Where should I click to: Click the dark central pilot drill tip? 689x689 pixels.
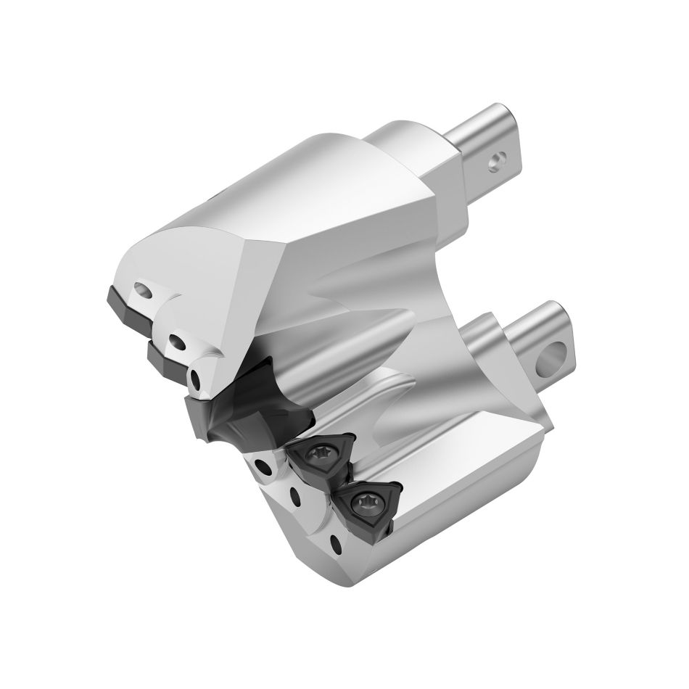pos(239,410)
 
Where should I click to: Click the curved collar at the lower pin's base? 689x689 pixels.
pos(500,341)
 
